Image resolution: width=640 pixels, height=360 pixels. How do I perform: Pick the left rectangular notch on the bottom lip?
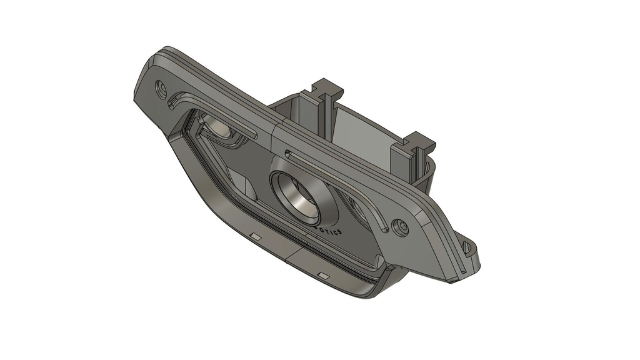pyautogui.click(x=254, y=236)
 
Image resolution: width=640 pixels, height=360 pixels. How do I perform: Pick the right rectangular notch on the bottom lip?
pyautogui.click(x=322, y=275)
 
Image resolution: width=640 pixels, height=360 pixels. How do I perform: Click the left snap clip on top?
pyautogui.click(x=327, y=91)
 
